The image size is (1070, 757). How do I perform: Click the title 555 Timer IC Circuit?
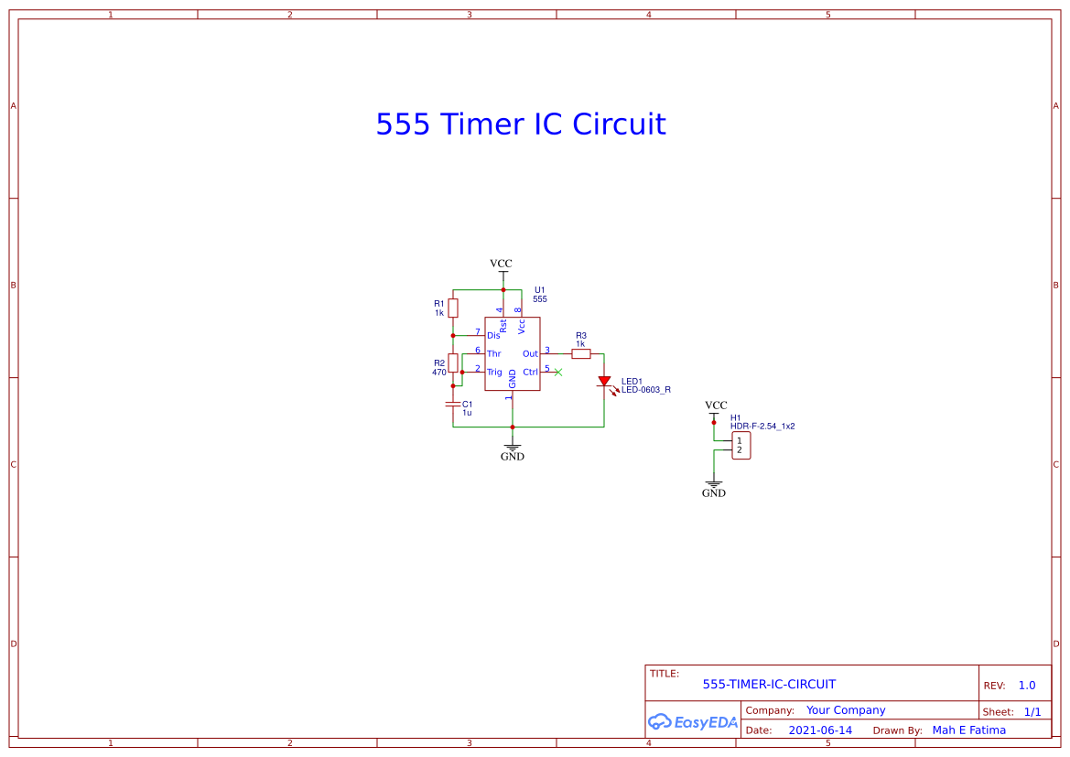coord(520,124)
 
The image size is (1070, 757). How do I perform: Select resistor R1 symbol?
coord(453,308)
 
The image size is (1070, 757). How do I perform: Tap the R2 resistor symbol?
coord(453,362)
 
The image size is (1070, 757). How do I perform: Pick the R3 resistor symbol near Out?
coord(580,353)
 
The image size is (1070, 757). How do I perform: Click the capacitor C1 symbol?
coord(453,404)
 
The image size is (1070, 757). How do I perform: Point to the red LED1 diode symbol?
coord(604,381)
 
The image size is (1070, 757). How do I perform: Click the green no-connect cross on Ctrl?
coord(558,372)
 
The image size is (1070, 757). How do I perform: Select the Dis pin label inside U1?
coord(493,336)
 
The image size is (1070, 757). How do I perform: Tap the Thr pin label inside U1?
coord(493,353)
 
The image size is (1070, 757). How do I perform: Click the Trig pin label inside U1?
coord(494,372)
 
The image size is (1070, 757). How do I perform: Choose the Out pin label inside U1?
coord(530,353)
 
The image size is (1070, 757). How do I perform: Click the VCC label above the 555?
coord(501,264)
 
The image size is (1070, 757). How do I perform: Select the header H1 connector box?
coord(741,446)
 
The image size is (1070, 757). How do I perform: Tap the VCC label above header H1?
coord(716,405)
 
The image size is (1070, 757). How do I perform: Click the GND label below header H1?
coord(714,492)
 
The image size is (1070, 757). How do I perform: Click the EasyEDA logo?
coord(693,721)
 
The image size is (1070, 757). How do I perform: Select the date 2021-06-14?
coord(820,730)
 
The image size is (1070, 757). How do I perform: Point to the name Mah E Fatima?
coord(968,730)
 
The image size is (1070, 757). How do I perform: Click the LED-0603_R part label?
coord(646,390)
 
